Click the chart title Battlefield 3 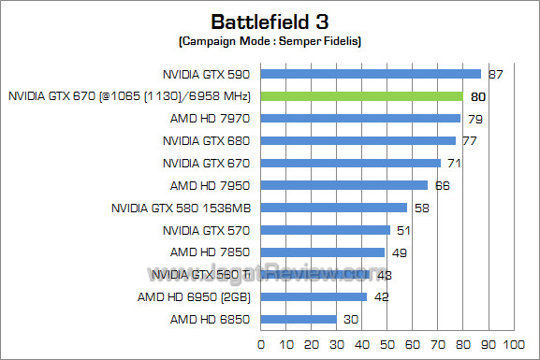pos(270,21)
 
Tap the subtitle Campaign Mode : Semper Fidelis pos(270,41)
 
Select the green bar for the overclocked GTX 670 pos(361,95)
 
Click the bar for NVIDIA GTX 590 pos(371,73)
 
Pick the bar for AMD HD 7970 pos(360,118)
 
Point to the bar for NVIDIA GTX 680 pos(358,140)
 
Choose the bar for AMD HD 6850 pos(299,319)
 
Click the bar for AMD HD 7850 pos(323,252)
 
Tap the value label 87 pos(496,74)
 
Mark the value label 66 pos(443,185)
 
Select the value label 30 pos(351,320)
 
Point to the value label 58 pos(422,208)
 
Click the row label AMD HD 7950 pos(211,185)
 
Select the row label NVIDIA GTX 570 pos(207,230)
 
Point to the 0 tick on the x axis pos(261,344)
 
